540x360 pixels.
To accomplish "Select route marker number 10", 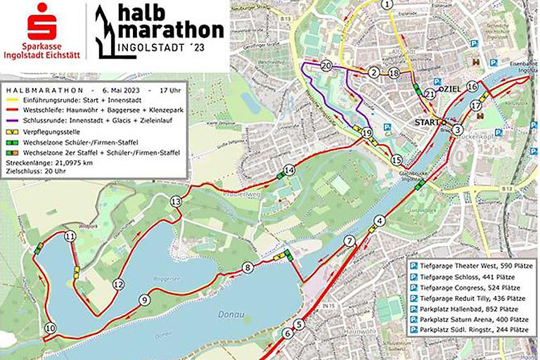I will (x=49, y=328).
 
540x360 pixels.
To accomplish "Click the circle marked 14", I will (x=289, y=171).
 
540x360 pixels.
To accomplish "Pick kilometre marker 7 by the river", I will (x=349, y=241).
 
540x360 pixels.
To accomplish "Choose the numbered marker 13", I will (x=176, y=202).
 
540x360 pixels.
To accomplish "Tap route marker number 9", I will (x=145, y=300).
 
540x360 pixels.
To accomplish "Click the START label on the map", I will (x=427, y=122).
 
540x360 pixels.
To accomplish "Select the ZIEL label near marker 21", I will (x=451, y=90).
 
